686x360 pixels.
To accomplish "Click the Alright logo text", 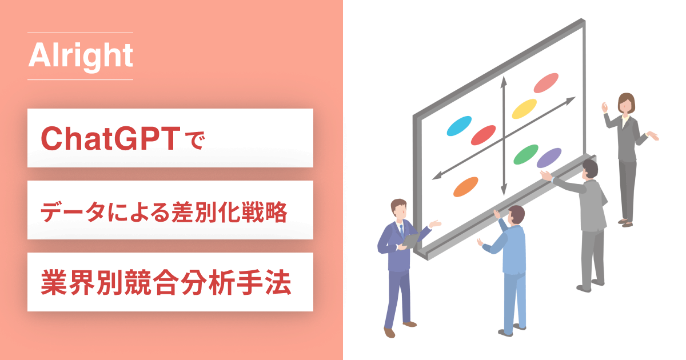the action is point(81,57).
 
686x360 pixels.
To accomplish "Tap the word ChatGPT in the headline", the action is point(110,138).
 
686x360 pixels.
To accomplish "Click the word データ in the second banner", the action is point(73,213).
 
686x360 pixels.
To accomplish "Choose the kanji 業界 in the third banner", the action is point(67,282).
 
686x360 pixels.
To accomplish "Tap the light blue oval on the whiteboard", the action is point(459,126).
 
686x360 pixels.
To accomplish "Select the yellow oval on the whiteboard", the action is point(524,109).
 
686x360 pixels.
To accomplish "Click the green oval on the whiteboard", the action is point(526,155).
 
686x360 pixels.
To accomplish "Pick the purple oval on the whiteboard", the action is point(549,158).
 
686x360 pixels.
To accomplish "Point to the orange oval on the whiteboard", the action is point(465,187).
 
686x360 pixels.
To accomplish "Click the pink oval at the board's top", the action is point(546,83).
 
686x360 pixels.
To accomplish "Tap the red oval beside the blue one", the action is point(483,135).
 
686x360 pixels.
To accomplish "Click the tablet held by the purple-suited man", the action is point(411,241).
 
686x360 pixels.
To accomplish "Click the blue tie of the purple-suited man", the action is point(401,231).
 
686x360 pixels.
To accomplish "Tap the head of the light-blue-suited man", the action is point(516,216).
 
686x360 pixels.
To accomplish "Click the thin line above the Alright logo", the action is point(80,33).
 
